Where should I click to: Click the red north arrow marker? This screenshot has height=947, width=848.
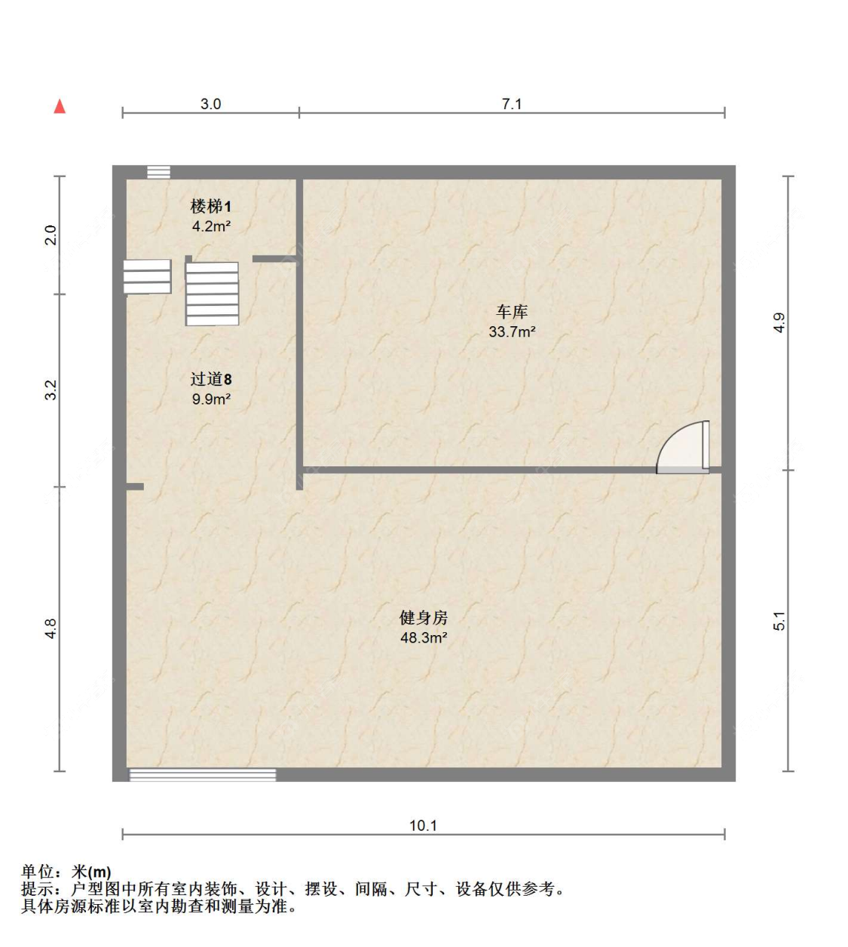pos(60,106)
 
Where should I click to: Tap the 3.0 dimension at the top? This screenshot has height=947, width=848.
pos(210,104)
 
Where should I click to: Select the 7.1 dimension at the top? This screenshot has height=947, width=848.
pos(511,104)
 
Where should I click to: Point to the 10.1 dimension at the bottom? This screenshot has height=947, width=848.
pos(423,826)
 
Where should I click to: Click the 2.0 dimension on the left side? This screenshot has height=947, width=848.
pos(51,235)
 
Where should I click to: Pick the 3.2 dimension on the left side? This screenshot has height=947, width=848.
pos(51,390)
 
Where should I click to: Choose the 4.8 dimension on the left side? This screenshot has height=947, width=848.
pos(51,628)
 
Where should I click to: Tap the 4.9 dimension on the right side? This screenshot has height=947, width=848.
pos(779,322)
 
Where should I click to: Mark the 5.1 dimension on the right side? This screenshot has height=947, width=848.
pos(779,621)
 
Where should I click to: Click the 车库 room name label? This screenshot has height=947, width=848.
pos(512,312)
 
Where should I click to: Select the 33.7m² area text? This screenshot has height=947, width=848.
pos(512,331)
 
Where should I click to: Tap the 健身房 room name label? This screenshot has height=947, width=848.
pos(423,618)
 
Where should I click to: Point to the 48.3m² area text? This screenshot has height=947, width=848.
pos(423,638)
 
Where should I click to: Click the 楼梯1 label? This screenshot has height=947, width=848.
pos(210,206)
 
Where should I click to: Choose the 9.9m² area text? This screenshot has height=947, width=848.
pos(210,399)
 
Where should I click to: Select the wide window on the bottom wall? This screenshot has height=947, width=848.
pos(203,774)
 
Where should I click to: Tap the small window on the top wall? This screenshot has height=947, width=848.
pos(158,172)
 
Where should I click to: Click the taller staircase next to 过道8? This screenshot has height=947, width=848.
pos(213,294)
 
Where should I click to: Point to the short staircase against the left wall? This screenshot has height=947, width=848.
pos(147,276)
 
